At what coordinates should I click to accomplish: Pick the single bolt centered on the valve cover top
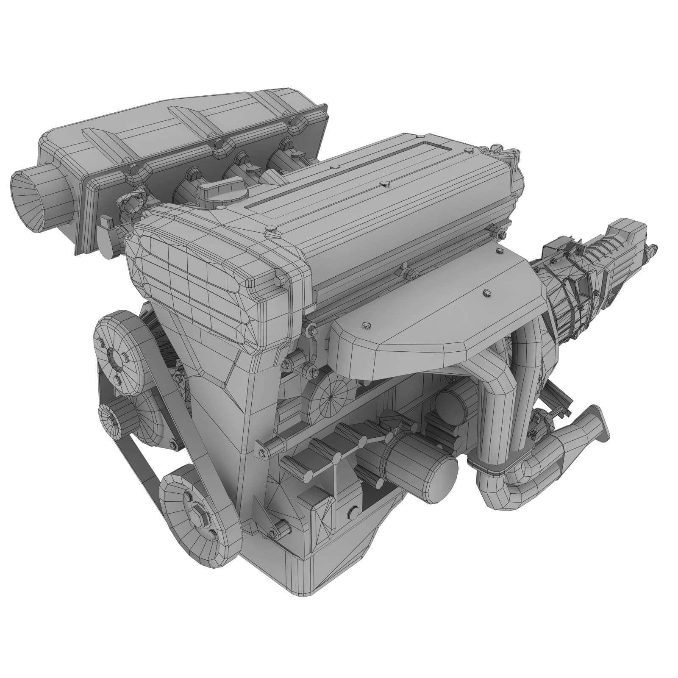pyautogui.click(x=384, y=183)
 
